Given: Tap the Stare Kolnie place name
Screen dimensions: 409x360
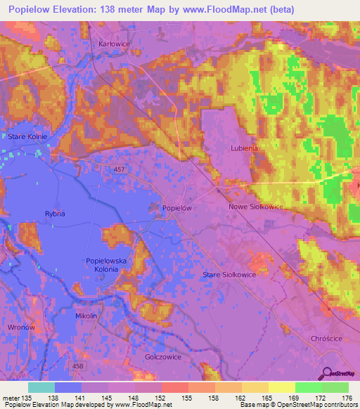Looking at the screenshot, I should (x=27, y=136).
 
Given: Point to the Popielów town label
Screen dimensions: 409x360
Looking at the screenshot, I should (x=177, y=208).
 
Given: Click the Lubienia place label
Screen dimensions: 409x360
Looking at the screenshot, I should (x=245, y=148).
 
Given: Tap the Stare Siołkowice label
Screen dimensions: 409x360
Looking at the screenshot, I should (x=229, y=274).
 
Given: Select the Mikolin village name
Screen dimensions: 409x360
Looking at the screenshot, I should (x=86, y=316).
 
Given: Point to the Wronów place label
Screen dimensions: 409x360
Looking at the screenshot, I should (x=20, y=327).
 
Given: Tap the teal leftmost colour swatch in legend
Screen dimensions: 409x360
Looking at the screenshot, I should (x=41, y=387).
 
